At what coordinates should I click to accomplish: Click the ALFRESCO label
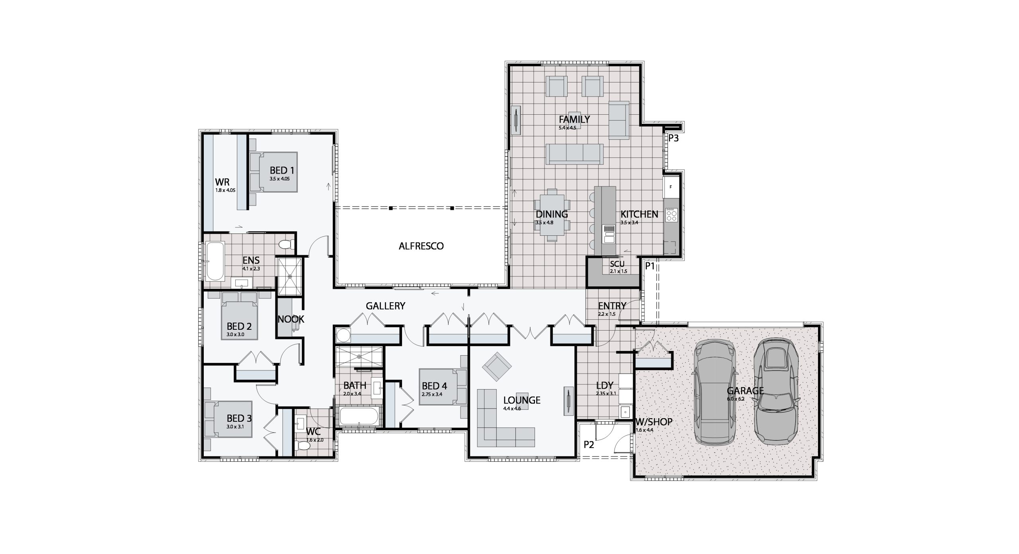click(421, 246)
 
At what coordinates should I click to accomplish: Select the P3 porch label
click(673, 139)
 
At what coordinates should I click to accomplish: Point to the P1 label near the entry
click(650, 266)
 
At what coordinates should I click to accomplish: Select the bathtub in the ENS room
click(215, 261)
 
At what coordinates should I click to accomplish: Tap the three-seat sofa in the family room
click(574, 154)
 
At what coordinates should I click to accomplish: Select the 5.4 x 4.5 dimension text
click(568, 128)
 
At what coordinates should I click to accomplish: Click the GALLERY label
click(385, 306)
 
